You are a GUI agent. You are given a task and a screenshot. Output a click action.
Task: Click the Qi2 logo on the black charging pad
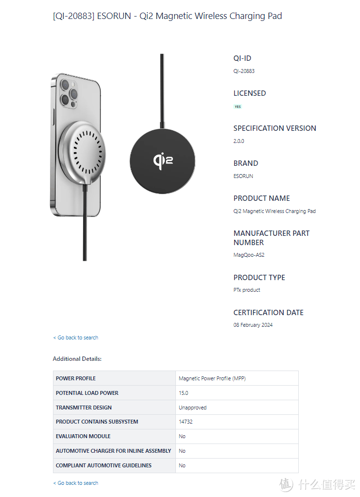coord(163,160)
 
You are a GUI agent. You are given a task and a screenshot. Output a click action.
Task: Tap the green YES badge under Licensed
coord(238,106)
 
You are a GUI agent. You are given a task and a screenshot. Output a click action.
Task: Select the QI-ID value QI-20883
coord(244,71)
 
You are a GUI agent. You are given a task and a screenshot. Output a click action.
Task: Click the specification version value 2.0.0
coord(239,141)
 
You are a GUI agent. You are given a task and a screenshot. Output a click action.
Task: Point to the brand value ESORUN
coord(243,176)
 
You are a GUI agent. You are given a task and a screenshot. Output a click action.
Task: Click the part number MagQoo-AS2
coord(249,255)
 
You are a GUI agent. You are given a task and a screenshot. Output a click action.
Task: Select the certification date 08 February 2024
coord(253,325)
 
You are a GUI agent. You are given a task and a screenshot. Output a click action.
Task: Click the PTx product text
coord(247,290)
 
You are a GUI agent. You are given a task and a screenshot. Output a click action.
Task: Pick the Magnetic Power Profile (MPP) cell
coord(212,378)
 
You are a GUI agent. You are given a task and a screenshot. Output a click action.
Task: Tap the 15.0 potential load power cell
coord(183,393)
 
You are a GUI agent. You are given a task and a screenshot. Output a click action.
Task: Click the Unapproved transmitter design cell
coord(192,408)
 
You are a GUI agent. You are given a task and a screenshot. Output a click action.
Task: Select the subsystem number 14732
coord(186,422)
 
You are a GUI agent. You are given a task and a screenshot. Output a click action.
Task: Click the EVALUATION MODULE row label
coord(83,436)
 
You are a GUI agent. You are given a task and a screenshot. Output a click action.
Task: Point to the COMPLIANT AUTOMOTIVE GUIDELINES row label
coord(103,465)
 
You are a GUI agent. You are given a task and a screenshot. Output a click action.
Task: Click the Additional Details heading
coord(77,359)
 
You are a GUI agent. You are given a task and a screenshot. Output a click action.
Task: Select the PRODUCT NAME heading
coord(261,198)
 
